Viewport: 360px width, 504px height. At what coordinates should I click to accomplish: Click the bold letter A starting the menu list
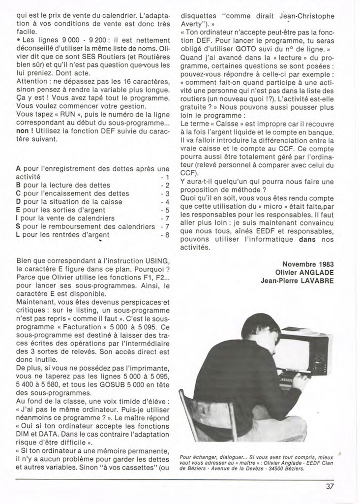coord(18,169)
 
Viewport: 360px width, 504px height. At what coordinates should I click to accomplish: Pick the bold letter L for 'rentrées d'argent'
coord(18,235)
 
